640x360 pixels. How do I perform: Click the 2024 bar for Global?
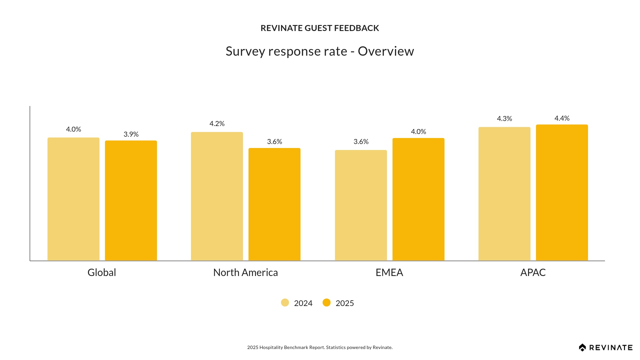[x=73, y=199]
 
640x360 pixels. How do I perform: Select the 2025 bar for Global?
[x=131, y=200]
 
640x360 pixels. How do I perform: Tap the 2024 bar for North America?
[x=217, y=196]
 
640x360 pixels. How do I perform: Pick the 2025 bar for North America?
[x=274, y=204]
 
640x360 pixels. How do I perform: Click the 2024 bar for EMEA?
[x=361, y=205]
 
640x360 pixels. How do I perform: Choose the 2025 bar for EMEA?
[x=418, y=199]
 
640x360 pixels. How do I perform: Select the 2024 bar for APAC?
[x=504, y=194]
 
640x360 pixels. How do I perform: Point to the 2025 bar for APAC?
[x=562, y=193]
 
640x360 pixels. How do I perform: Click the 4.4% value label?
[x=562, y=118]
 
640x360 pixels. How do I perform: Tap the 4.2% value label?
[x=217, y=124]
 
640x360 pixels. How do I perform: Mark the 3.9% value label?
[x=131, y=134]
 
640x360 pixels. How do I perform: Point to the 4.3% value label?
[x=504, y=119]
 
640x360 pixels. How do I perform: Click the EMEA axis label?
[x=389, y=273]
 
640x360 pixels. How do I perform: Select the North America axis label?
[x=245, y=273]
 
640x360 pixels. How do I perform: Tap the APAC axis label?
[x=533, y=273]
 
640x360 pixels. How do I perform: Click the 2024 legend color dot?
[x=285, y=303]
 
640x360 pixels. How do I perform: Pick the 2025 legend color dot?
[x=327, y=303]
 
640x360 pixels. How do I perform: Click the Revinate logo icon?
[x=582, y=348]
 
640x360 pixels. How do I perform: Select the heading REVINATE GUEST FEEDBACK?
[x=320, y=28]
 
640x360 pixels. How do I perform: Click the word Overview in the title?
[x=386, y=51]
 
